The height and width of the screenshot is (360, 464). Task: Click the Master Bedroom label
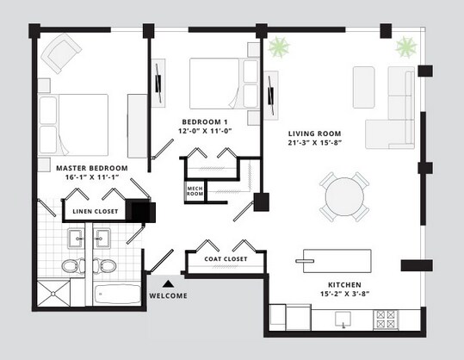[x=92, y=167]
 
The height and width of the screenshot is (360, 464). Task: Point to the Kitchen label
[x=343, y=284]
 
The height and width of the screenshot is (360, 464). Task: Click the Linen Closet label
[x=94, y=209]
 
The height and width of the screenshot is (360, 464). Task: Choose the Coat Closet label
[x=226, y=259]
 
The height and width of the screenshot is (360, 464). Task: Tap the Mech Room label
[x=195, y=191]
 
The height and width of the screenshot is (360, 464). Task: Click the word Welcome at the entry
[x=169, y=296]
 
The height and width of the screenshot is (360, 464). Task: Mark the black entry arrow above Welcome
[x=169, y=282]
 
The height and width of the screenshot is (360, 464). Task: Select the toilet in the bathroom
[x=71, y=265]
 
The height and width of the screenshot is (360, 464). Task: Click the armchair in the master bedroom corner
[x=61, y=54]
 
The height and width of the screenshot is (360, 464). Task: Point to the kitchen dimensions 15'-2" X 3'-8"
[x=343, y=295]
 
